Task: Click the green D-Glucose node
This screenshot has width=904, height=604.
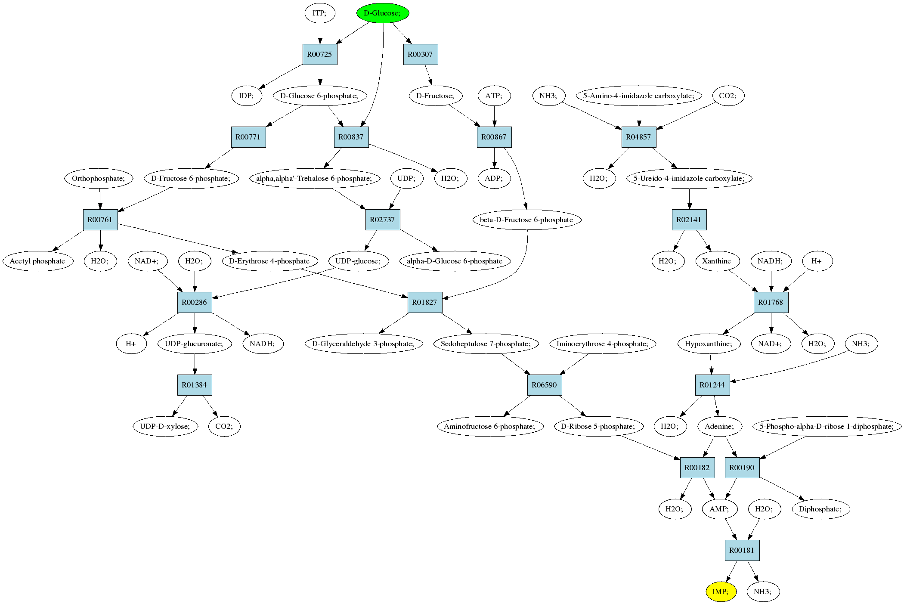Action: (383, 13)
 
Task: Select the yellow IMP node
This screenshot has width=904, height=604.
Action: (721, 592)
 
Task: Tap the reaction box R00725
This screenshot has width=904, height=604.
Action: (320, 54)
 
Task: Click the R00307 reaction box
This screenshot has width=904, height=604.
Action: (421, 54)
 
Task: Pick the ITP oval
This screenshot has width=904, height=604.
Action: (320, 13)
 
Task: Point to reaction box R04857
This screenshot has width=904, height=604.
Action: (639, 137)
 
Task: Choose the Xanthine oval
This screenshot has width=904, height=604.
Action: (717, 261)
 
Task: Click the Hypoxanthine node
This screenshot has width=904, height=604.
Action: (709, 344)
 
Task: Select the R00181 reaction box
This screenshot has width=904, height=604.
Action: (742, 550)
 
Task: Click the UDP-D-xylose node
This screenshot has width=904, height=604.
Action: (166, 426)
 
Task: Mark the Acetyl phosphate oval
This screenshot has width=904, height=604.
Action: (38, 261)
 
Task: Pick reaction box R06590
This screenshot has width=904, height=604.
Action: (545, 385)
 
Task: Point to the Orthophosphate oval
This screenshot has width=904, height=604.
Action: (99, 178)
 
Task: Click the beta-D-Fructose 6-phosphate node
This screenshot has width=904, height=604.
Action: (527, 220)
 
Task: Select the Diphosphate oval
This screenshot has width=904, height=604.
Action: (820, 509)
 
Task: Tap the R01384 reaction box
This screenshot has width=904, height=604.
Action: (195, 385)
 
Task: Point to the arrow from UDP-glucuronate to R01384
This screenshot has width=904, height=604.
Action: (195, 364)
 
